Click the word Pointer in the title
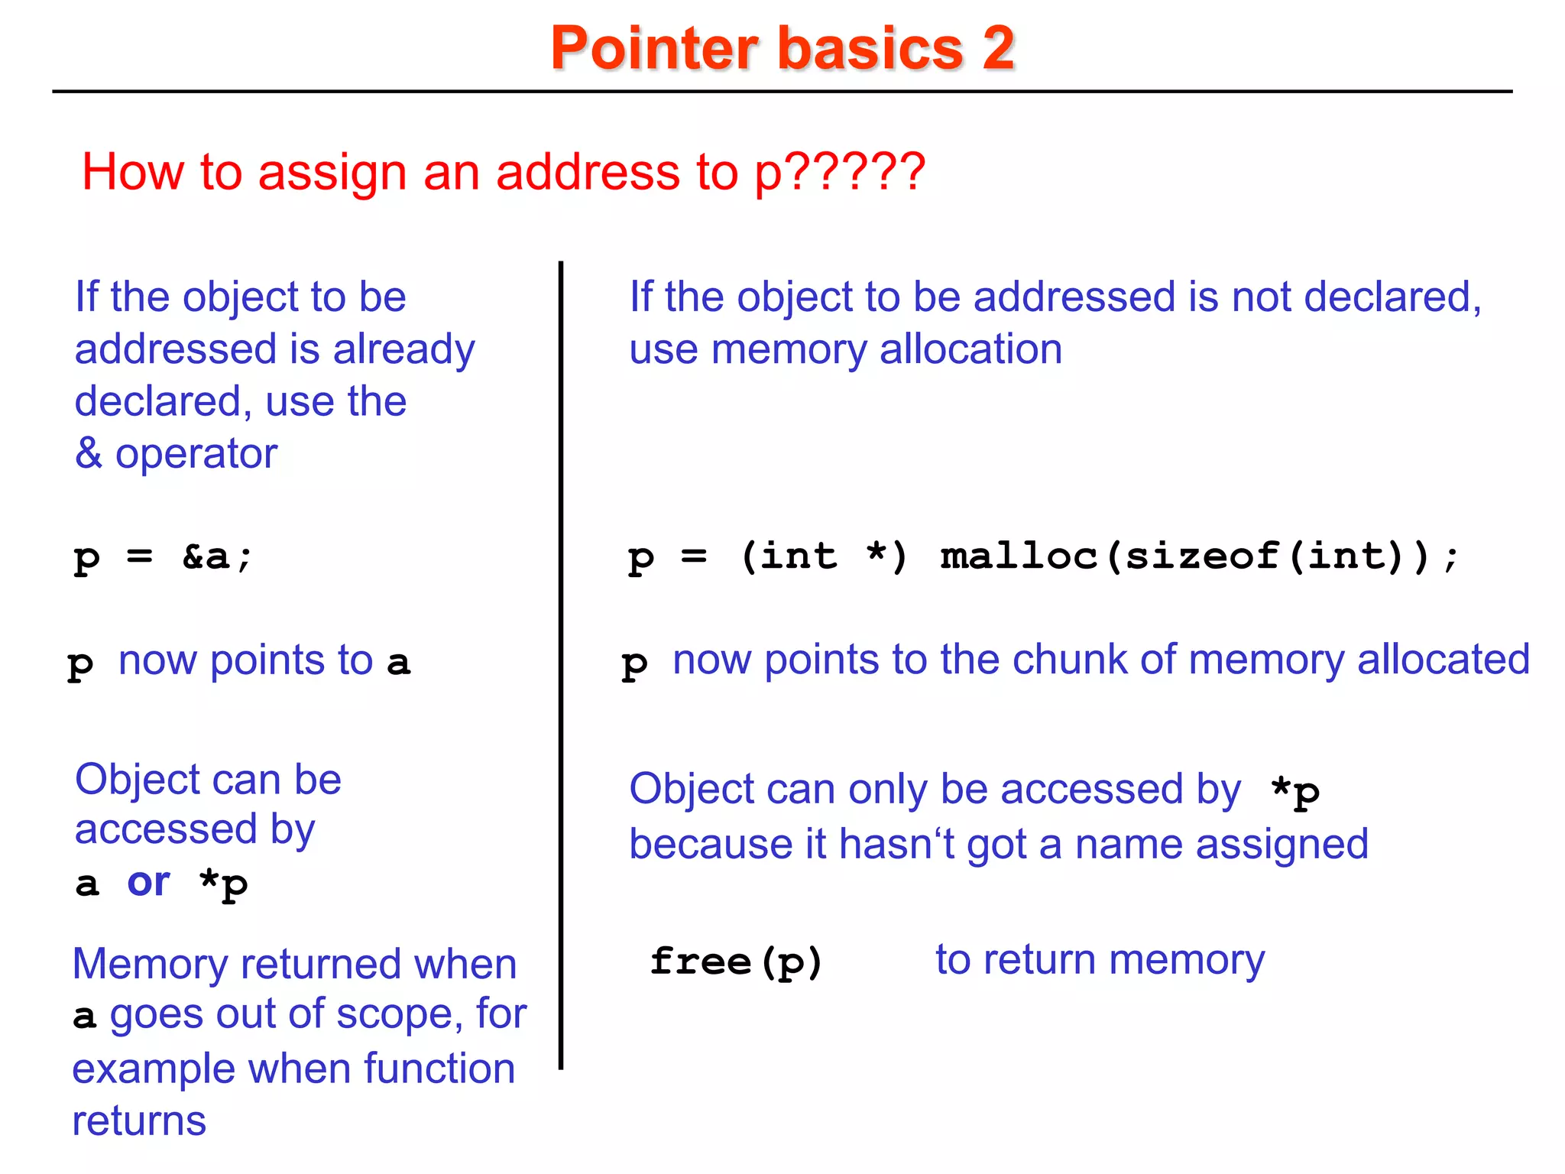[x=654, y=48]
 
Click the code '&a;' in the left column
[x=217, y=556]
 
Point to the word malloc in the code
[x=1019, y=556]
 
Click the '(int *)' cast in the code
[x=825, y=556]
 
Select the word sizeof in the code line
[x=1202, y=556]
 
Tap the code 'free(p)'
[x=736, y=961]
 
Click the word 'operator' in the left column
[x=196, y=453]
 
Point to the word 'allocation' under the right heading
[x=970, y=349]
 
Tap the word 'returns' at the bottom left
[x=139, y=1120]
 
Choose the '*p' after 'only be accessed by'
[x=1295, y=792]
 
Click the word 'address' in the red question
[x=588, y=171]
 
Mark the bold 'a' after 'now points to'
[x=398, y=662]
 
